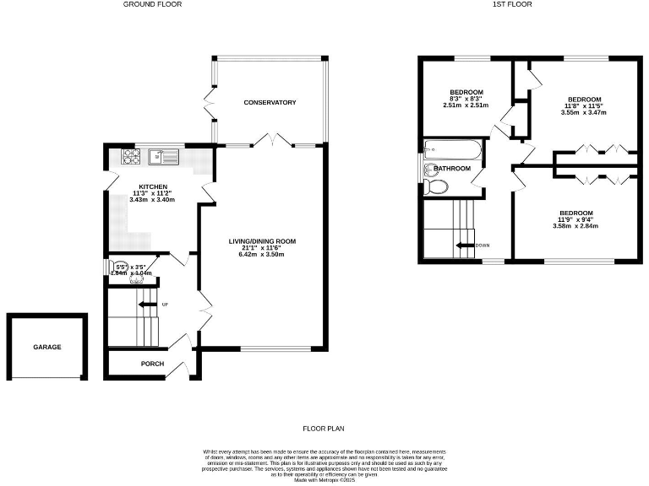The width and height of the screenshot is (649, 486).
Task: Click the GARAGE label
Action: point(47,347)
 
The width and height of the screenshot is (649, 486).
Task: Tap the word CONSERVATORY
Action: point(270,103)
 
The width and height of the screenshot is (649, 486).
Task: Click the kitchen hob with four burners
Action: point(133,156)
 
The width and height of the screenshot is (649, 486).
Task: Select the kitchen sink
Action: point(161,155)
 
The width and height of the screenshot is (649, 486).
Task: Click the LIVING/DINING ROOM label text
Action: point(262,241)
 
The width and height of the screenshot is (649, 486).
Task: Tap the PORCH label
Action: point(153,364)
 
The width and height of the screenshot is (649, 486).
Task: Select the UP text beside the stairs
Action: point(166,305)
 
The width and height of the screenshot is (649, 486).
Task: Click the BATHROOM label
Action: point(452,169)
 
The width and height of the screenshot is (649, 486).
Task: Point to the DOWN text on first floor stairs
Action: point(482,246)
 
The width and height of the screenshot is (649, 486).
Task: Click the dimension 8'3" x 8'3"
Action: point(466,99)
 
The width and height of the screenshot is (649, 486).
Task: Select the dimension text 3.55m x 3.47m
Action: point(584,112)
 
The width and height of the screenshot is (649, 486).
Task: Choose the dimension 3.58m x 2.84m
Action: point(572,226)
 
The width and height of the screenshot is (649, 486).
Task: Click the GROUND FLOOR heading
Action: point(152,4)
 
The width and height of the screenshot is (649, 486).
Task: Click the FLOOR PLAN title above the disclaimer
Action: point(324,429)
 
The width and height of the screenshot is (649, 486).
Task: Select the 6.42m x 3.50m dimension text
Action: point(262,254)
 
